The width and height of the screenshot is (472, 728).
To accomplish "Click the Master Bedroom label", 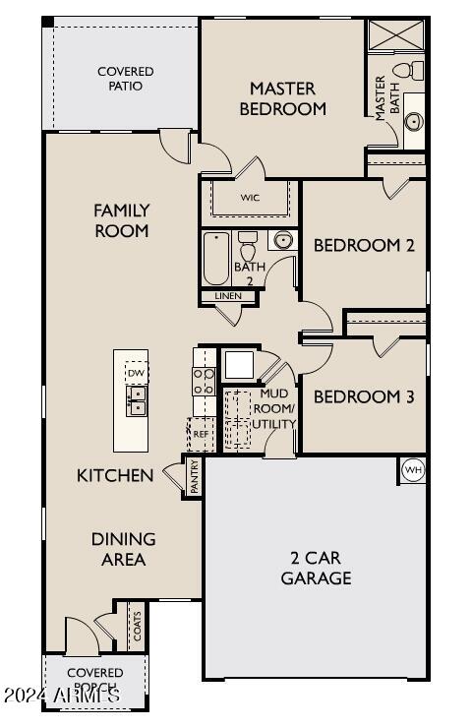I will pyautogui.click(x=281, y=98).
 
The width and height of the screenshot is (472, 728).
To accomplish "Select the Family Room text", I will pyautogui.click(x=121, y=220).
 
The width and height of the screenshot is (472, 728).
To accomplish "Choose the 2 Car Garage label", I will pyautogui.click(x=316, y=568).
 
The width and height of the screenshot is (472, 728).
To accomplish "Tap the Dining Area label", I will pyautogui.click(x=124, y=549).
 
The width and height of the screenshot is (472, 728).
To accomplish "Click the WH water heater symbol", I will pyautogui.click(x=412, y=470).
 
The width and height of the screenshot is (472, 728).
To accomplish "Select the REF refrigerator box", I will pyautogui.click(x=201, y=433).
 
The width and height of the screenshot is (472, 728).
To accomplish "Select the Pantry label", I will pyautogui.click(x=194, y=476).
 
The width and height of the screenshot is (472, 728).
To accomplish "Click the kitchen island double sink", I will pyautogui.click(x=137, y=400).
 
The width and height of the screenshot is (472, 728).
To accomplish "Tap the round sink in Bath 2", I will pyautogui.click(x=282, y=240).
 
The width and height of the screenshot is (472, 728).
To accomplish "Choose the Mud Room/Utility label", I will pyautogui.click(x=275, y=408).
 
